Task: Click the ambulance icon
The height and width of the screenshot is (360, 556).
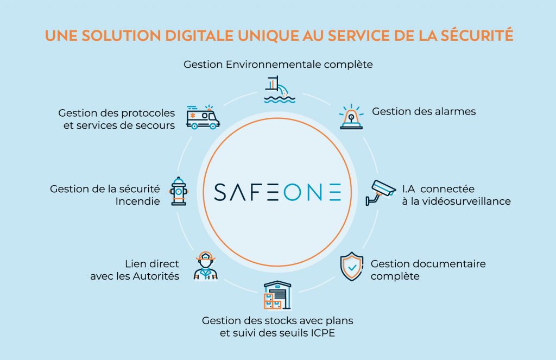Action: pos(203,117)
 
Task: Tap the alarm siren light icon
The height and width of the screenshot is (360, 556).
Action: pos(351,117)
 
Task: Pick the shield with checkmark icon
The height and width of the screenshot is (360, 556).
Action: pos(352,267)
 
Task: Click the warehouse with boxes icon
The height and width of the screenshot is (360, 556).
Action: pos(277,295)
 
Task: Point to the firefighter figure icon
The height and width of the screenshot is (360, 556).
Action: pos(206,266)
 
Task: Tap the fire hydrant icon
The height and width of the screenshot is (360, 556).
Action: pos(179,191)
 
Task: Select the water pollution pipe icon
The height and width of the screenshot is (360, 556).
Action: pos(280,90)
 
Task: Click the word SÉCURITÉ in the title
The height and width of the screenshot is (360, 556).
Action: pos(477,35)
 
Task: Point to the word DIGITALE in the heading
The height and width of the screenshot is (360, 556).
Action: pos(199,36)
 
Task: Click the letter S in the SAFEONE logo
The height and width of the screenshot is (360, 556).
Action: pos(220,192)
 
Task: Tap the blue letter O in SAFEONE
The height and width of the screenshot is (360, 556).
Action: pos(292,192)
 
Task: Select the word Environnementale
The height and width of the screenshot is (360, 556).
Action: pos(274,65)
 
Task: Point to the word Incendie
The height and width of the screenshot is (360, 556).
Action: pos(137,201)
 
